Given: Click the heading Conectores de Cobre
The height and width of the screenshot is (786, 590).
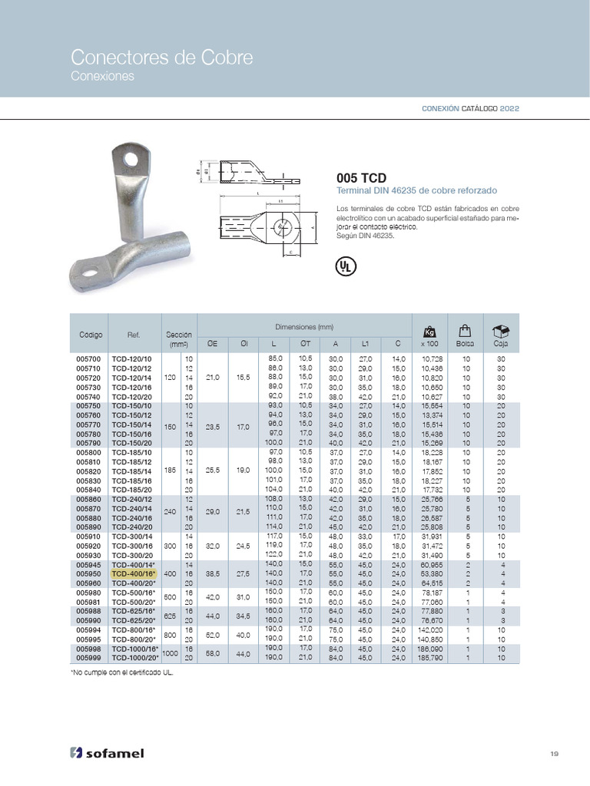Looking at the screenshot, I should (x=161, y=58).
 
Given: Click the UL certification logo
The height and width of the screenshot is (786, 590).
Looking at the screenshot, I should (x=346, y=266).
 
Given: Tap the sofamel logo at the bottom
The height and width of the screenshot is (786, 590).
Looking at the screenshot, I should (x=107, y=753).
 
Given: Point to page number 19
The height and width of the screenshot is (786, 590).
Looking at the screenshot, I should (x=554, y=753).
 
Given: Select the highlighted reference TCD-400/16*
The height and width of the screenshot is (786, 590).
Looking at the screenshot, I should (x=134, y=573).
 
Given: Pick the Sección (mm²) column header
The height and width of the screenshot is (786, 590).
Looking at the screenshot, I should (x=179, y=339).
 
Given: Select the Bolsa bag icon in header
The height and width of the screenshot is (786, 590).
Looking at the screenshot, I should (x=463, y=330).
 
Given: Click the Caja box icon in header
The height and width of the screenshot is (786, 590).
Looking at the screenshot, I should (x=500, y=330).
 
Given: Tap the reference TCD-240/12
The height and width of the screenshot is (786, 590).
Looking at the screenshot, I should (x=132, y=499).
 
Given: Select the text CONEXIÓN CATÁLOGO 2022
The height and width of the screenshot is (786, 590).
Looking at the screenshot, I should (x=470, y=109).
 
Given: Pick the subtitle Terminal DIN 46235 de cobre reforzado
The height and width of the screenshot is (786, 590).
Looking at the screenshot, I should (x=417, y=190).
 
